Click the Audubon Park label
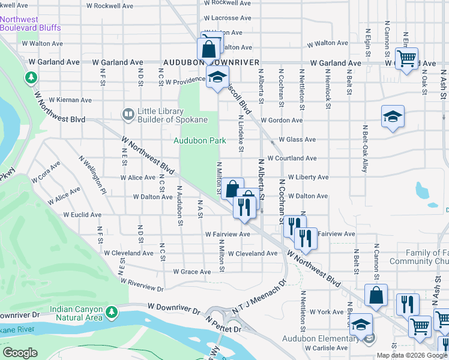200,140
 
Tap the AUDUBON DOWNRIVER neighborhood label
211,62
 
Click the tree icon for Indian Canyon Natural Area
111,312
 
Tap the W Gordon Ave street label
285,121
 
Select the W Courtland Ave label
292,158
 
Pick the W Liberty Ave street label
308,178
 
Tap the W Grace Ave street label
192,272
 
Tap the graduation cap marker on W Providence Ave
217,77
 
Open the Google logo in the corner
20,353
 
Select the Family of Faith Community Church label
419,257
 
